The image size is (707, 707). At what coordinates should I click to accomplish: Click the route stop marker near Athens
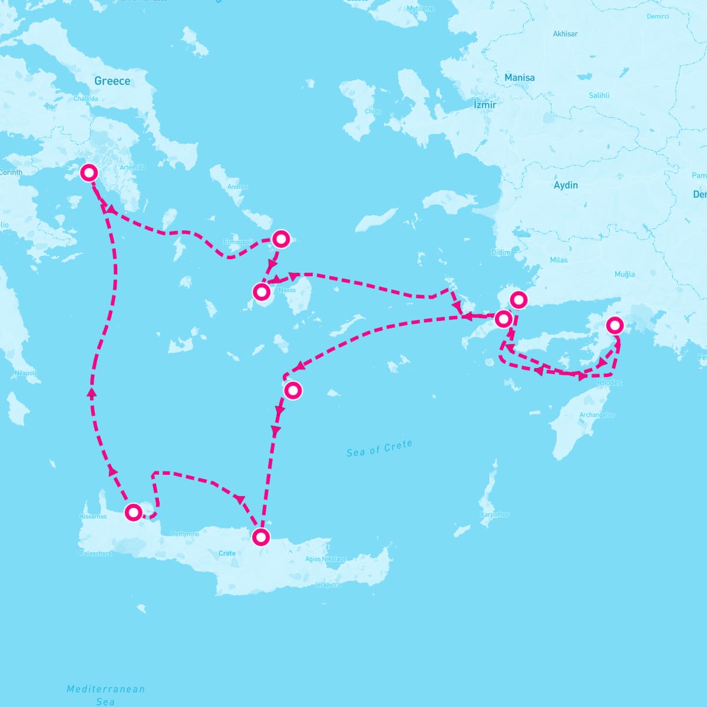[89, 172]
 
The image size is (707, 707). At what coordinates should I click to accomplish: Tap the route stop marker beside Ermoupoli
[281, 239]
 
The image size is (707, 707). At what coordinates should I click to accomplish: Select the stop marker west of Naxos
[261, 291]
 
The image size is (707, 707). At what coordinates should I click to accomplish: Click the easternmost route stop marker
[615, 325]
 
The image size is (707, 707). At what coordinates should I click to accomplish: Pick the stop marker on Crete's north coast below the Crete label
[260, 537]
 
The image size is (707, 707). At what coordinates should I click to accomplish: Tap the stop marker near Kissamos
[134, 512]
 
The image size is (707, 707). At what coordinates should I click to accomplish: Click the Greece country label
[112, 81]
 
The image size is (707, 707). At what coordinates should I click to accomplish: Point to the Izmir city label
[485, 104]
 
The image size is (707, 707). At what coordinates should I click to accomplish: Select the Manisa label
[520, 78]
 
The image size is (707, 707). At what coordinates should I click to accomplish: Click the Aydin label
[566, 185]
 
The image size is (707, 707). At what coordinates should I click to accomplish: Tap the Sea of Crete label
[379, 449]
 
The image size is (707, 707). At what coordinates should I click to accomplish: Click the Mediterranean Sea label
[105, 695]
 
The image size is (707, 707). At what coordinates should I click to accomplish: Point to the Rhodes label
[609, 383]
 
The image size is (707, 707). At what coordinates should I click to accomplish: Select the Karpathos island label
[495, 514]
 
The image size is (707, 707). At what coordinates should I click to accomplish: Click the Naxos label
[287, 290]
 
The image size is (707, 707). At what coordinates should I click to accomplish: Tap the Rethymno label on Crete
[185, 534]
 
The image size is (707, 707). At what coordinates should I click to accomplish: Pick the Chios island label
[373, 111]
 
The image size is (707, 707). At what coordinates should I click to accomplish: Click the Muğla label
[625, 274]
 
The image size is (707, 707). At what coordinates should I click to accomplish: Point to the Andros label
[237, 187]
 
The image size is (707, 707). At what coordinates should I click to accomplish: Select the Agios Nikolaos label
[326, 559]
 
